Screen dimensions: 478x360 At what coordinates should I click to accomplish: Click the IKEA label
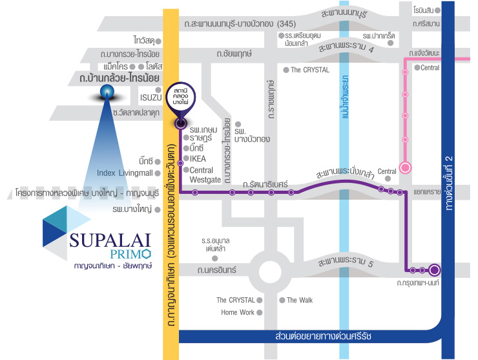coord(198,158)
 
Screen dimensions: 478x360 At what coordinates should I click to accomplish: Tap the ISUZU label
coord(151,98)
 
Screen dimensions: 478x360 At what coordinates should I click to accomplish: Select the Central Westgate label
coord(205,175)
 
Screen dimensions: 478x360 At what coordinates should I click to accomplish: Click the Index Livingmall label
coord(125,173)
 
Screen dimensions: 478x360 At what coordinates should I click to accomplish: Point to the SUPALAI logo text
coord(110,240)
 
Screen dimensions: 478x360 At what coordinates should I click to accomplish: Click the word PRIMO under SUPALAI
coord(130,254)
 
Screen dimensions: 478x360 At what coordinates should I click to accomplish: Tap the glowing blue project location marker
coord(107,92)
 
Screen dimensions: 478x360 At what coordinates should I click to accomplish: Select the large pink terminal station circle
coord(405,167)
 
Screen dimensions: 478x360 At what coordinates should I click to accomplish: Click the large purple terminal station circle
coord(435,270)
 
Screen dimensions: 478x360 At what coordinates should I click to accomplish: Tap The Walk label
coord(300,300)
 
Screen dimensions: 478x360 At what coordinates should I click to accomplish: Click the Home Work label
coord(238,312)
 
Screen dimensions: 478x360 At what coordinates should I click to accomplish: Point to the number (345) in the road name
coord(286,23)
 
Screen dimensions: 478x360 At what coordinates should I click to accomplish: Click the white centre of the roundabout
coord(270,272)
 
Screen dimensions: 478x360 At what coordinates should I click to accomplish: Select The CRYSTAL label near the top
coord(310,70)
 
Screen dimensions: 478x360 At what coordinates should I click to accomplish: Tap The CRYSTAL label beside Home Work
coord(236,300)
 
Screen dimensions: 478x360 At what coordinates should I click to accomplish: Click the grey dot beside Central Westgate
coord(186,169)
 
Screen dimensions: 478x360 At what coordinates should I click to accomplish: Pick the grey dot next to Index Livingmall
coord(158,173)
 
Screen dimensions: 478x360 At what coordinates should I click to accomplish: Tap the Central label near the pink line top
coord(430,68)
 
